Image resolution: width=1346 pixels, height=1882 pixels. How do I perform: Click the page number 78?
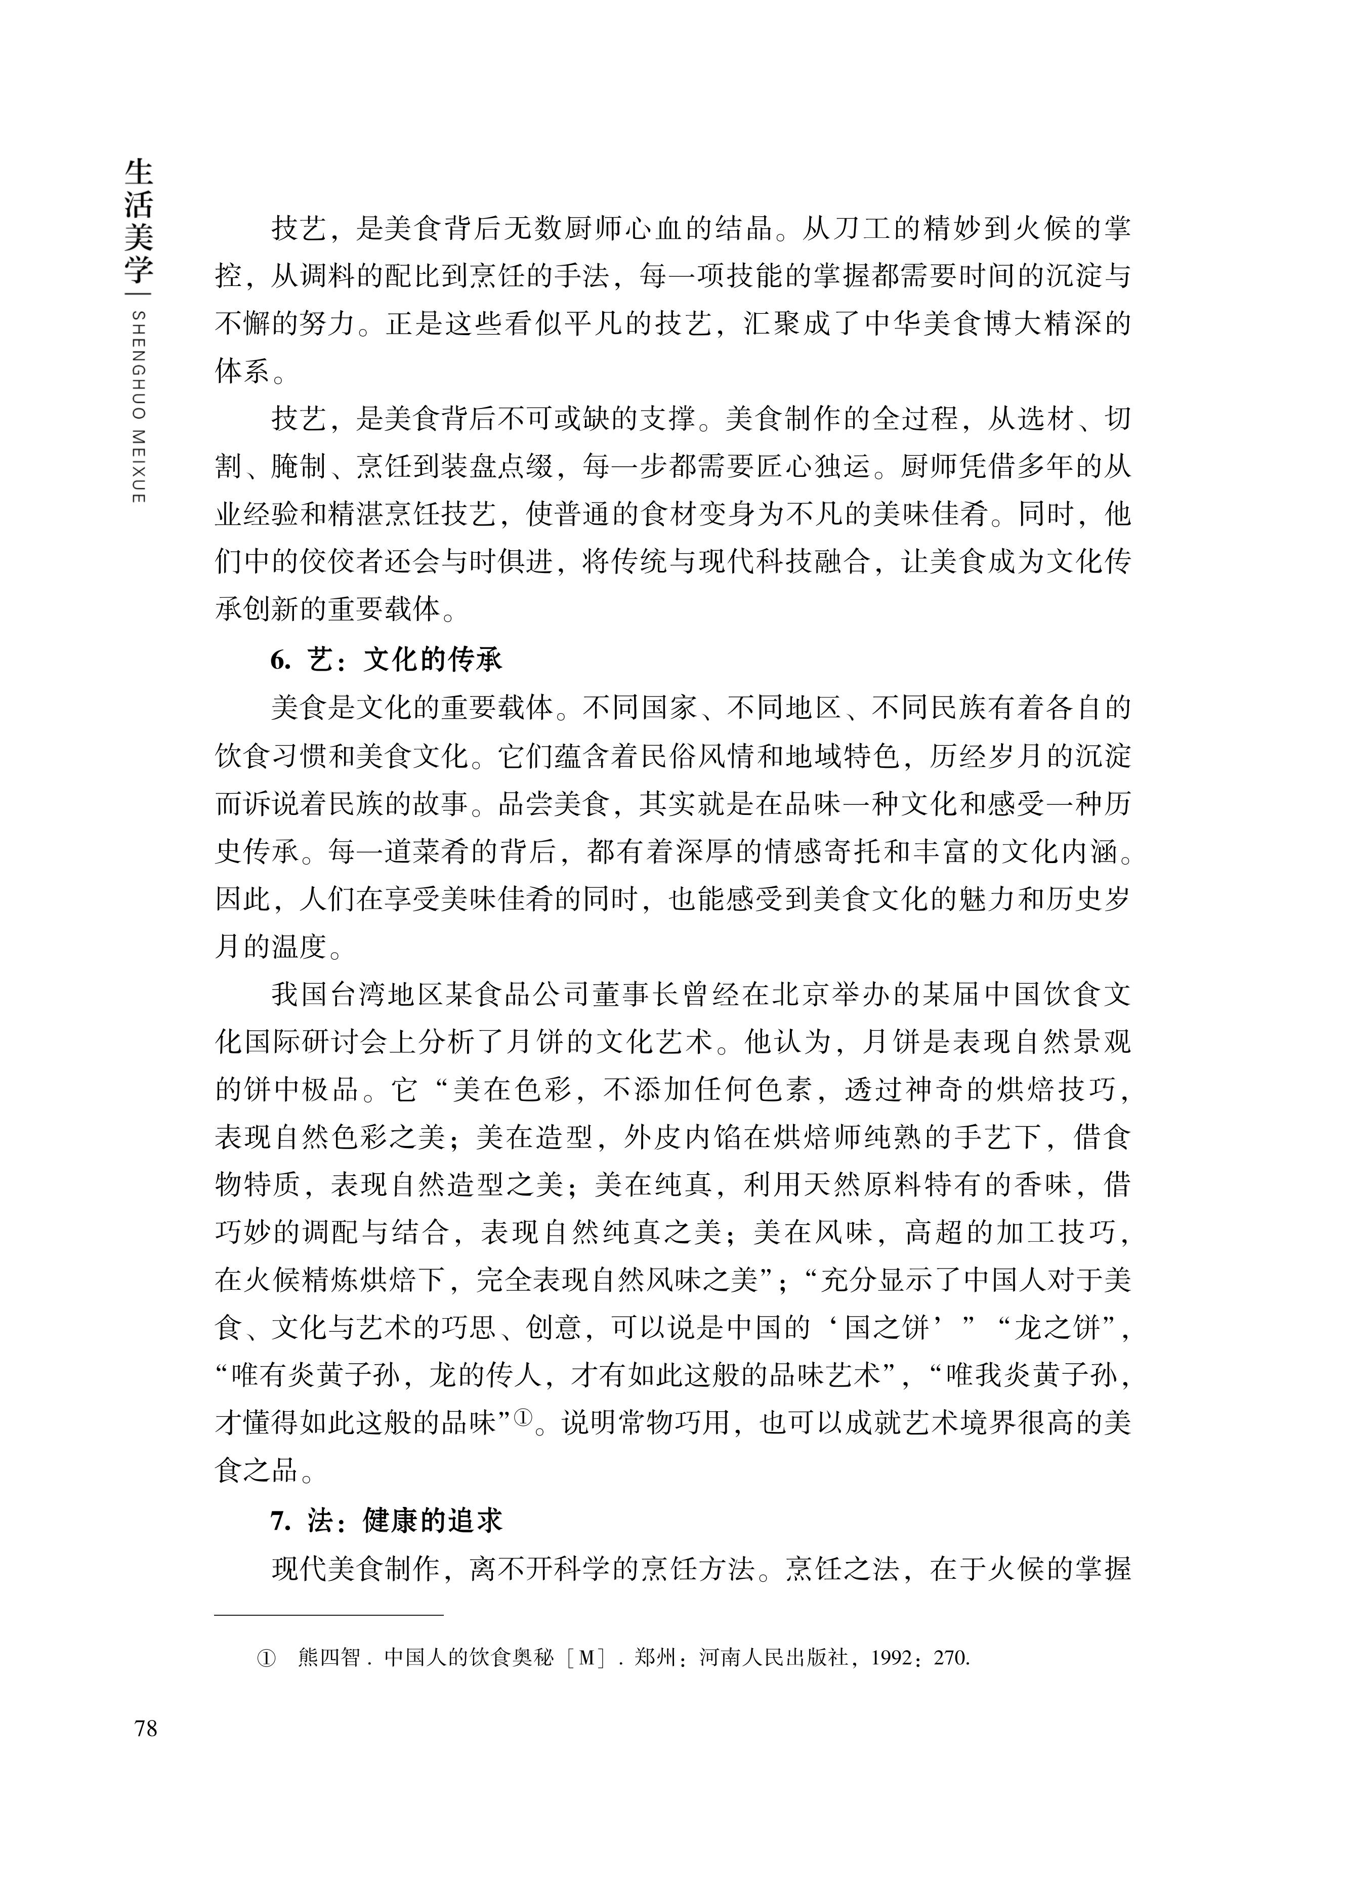[x=145, y=1729]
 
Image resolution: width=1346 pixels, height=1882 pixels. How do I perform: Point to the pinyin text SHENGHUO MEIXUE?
[x=139, y=406]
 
